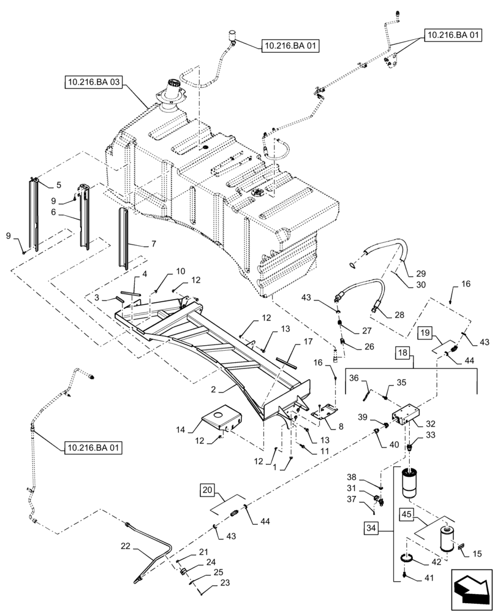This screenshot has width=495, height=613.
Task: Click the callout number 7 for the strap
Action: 153,243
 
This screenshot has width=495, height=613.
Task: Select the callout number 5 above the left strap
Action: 59,185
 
